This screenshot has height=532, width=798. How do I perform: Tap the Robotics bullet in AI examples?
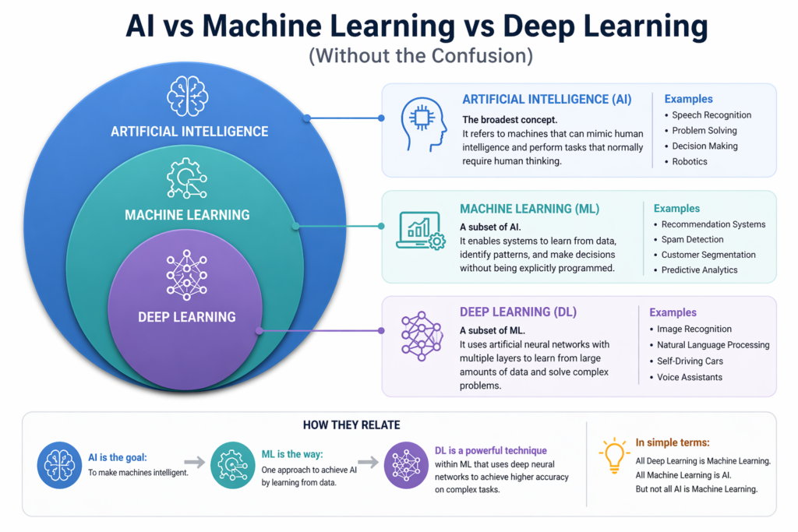pos(690,161)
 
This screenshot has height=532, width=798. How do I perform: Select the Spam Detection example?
pos(692,239)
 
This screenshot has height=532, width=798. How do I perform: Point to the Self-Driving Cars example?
pos(690,361)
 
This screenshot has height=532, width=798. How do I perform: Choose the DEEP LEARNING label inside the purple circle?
pos(187,317)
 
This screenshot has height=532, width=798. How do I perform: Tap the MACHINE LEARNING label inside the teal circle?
pos(187,214)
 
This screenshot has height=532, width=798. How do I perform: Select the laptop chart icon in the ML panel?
pos(420,231)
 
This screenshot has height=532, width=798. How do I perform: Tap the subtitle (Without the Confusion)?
pos(398,57)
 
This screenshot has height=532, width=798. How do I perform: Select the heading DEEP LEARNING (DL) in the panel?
pos(518,312)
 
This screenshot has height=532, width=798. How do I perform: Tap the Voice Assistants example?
pos(690,377)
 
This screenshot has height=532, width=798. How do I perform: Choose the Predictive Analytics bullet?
pos(699,270)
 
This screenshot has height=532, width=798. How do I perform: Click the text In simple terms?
pos(673,442)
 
